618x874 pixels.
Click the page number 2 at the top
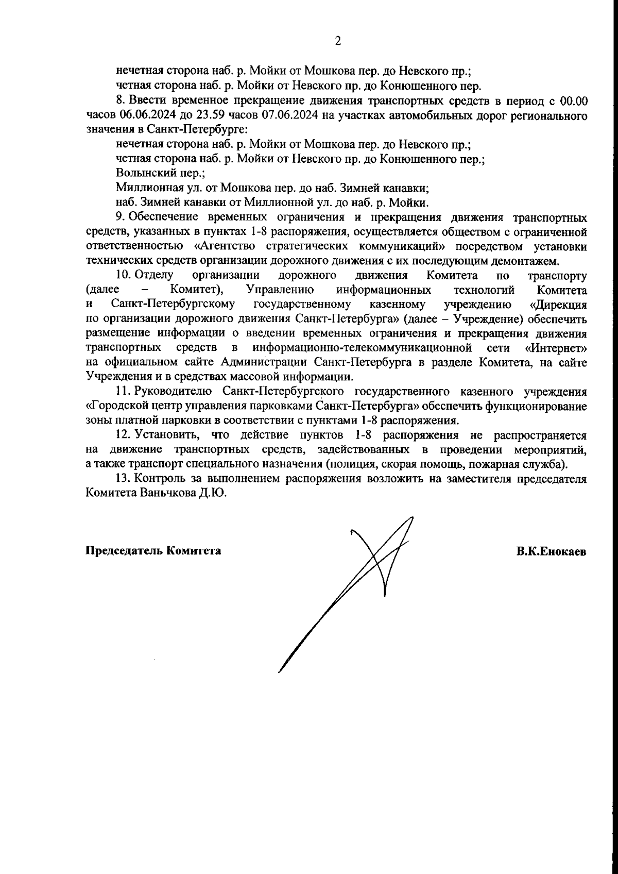pos(338,42)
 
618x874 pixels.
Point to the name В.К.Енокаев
pos(552,551)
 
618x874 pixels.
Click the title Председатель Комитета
pos(153,551)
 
